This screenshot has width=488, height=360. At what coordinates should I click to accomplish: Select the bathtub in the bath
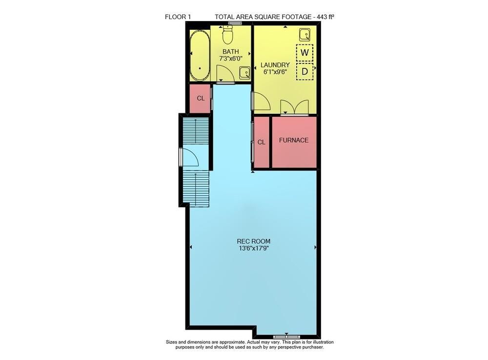pyautogui.click(x=200, y=55)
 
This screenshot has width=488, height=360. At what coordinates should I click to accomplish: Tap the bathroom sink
pyautogui.click(x=244, y=73)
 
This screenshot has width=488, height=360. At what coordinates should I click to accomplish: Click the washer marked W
pyautogui.click(x=305, y=53)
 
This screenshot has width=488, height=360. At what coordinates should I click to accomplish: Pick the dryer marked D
pyautogui.click(x=305, y=72)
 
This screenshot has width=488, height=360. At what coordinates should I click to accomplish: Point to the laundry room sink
pyautogui.click(x=305, y=35)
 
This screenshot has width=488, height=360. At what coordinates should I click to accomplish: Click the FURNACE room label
pyautogui.click(x=293, y=140)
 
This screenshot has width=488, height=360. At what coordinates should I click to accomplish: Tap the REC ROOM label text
pyautogui.click(x=254, y=241)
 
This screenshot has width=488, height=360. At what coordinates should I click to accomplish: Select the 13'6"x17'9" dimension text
pyautogui.click(x=254, y=249)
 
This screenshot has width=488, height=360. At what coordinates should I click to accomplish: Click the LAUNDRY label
pyautogui.click(x=275, y=65)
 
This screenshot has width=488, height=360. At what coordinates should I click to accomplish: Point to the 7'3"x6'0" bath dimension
pyautogui.click(x=231, y=58)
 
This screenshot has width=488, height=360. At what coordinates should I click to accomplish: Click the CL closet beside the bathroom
pyautogui.click(x=201, y=98)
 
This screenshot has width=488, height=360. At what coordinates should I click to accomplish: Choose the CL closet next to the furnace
pyautogui.click(x=262, y=142)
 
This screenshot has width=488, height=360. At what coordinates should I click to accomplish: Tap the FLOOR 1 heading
pyautogui.click(x=178, y=17)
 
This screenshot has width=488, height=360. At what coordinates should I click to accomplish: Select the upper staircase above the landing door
pyautogui.click(x=196, y=131)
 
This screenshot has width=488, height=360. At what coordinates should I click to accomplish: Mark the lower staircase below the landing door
pyautogui.click(x=196, y=188)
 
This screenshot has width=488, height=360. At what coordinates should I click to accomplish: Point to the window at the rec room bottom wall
pyautogui.click(x=286, y=337)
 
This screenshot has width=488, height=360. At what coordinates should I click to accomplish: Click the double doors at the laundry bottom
pyautogui.click(x=294, y=107)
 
